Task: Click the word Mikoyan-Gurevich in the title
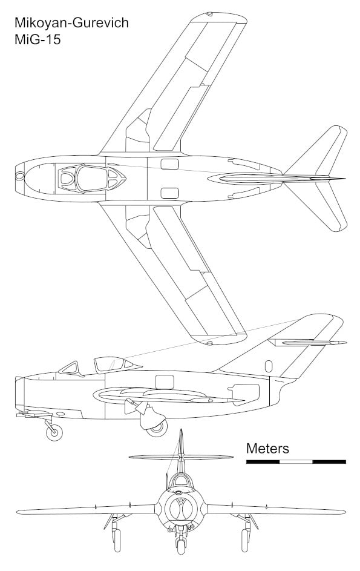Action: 71,23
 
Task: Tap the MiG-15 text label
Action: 38,39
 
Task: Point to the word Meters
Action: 267,448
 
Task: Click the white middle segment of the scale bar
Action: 296,462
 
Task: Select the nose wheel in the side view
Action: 54,432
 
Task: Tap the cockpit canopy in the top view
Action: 92,179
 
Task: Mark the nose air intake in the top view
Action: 19,176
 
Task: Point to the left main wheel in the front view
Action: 117,540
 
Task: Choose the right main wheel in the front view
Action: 245,540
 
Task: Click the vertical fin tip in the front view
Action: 181,430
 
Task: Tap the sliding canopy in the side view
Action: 109,364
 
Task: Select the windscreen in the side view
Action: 71,368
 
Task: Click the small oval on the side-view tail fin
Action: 269,366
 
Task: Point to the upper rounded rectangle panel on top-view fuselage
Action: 169,164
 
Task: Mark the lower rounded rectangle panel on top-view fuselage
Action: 169,193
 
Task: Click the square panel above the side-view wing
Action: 165,381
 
